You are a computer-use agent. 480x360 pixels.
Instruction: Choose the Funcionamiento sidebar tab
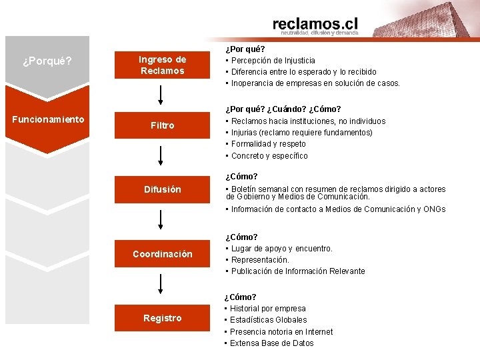[x=47, y=119]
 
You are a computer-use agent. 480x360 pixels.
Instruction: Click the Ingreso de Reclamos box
[x=162, y=65]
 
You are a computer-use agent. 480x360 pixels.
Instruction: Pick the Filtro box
[x=162, y=125]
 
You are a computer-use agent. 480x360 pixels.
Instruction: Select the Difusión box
[x=162, y=189]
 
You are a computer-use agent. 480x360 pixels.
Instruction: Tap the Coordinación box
[x=162, y=254]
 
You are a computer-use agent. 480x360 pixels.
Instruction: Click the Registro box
[x=162, y=318]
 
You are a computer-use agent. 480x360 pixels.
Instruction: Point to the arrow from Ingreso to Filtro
[x=161, y=94]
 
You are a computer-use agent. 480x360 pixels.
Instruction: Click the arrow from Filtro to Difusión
[x=161, y=156]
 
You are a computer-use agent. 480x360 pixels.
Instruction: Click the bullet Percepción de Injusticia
[x=273, y=61]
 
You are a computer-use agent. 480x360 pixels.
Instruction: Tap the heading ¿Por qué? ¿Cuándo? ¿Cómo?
[x=283, y=109]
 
